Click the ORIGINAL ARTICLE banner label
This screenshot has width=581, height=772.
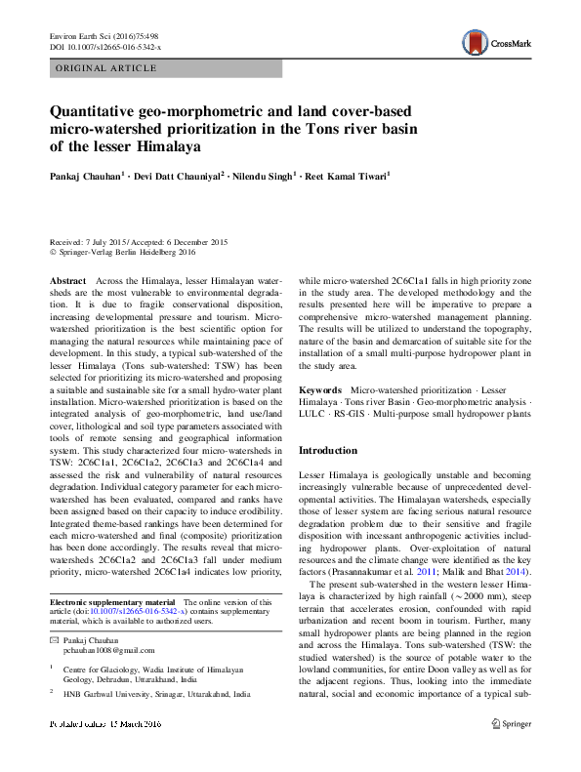[106, 68]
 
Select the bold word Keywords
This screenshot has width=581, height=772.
[321, 389]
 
